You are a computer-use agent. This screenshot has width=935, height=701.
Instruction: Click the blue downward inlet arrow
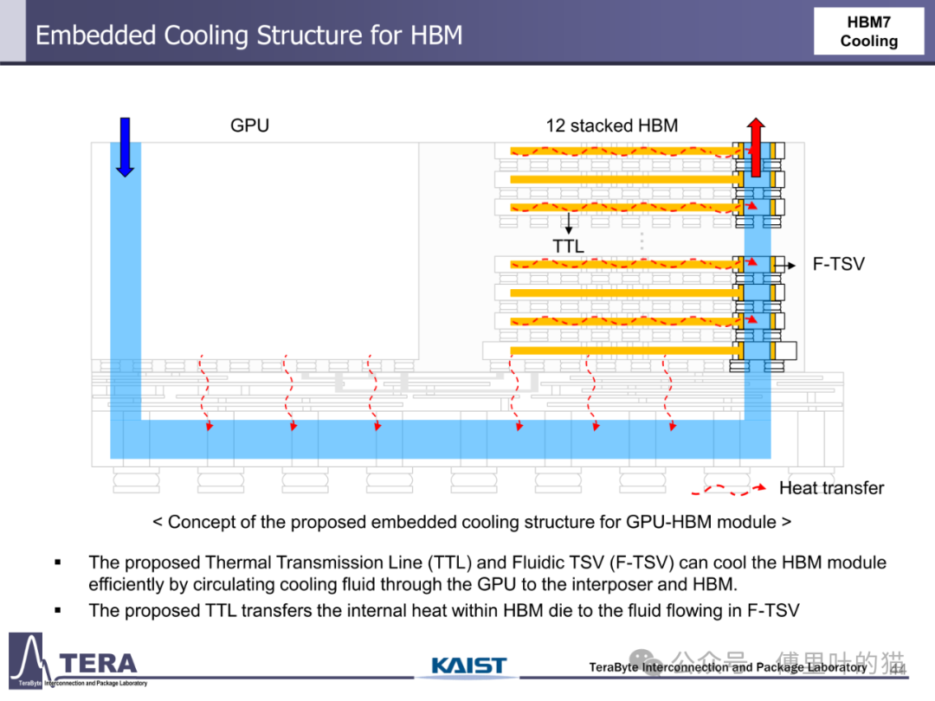(125, 146)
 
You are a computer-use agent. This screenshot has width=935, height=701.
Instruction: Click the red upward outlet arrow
(756, 147)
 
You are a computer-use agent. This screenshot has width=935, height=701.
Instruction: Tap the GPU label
(249, 125)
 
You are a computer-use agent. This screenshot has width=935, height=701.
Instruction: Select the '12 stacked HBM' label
(611, 125)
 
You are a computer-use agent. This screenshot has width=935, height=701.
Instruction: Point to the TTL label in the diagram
(569, 247)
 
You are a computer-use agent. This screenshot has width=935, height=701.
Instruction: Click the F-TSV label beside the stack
(838, 264)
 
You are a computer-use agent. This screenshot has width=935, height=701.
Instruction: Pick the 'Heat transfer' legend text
(831, 488)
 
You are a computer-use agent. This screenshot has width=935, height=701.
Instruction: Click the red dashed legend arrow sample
(727, 489)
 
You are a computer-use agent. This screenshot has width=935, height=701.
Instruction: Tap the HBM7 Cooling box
(868, 32)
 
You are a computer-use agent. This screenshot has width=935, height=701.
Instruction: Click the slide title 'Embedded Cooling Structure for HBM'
(248, 35)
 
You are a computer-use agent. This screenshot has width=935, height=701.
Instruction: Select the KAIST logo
(468, 666)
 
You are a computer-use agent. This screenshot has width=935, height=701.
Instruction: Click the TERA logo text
(98, 664)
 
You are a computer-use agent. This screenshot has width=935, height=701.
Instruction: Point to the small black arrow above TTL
(569, 224)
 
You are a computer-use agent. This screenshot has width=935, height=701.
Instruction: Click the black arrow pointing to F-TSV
(785, 264)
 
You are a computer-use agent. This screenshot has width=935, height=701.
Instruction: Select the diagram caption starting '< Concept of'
(471, 522)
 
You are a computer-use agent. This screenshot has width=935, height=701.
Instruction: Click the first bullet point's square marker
(58, 563)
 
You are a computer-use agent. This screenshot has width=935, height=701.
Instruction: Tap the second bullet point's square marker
(58, 610)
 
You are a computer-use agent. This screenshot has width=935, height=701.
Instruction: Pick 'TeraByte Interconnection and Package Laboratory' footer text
(727, 667)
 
